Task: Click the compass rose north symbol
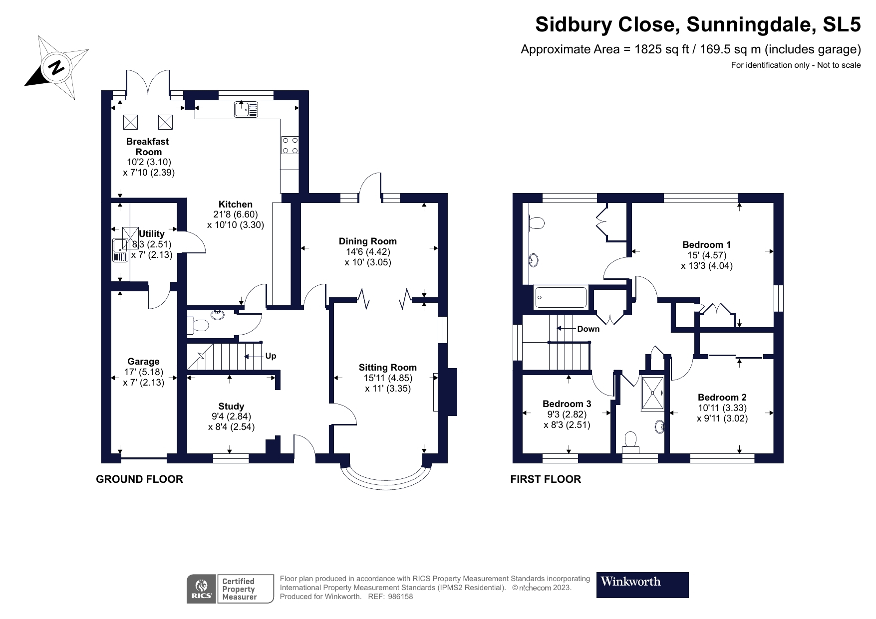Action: click(x=57, y=66)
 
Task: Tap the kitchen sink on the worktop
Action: click(x=246, y=109)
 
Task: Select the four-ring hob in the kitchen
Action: click(x=290, y=145)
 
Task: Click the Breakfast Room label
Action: click(x=148, y=147)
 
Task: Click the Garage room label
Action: click(x=143, y=362)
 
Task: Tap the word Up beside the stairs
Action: click(x=271, y=356)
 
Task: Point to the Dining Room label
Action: click(x=368, y=241)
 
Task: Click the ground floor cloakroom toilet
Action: click(x=198, y=326)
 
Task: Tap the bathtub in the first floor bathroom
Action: click(x=561, y=298)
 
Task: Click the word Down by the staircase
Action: click(x=588, y=329)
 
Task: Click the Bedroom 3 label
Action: click(x=567, y=404)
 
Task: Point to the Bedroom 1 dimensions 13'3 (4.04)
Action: click(x=707, y=266)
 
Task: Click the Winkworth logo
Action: click(x=642, y=585)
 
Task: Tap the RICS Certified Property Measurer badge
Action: click(x=230, y=589)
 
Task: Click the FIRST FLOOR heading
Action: click(x=546, y=479)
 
